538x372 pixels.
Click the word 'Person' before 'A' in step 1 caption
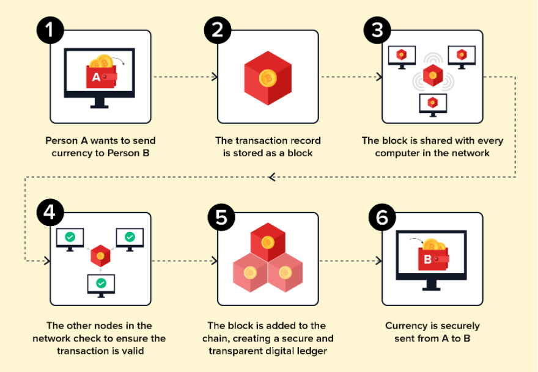click(x=61, y=140)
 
